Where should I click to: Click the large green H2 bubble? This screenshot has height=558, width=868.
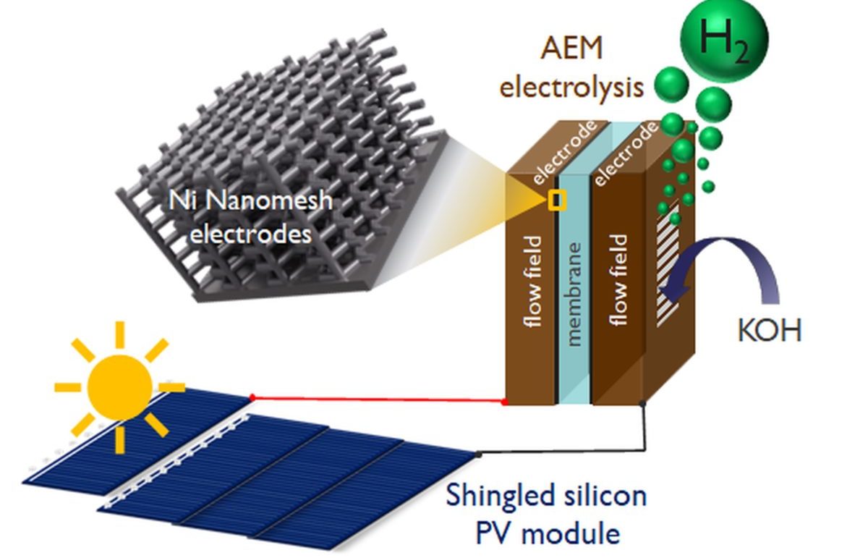(x=724, y=39)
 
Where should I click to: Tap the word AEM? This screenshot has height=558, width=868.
(x=571, y=48)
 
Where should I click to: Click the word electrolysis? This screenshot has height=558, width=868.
(x=571, y=88)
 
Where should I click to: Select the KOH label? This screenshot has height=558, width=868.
(x=770, y=330)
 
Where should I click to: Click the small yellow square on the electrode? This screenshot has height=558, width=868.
(x=557, y=200)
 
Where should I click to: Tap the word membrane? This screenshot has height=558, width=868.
(x=574, y=295)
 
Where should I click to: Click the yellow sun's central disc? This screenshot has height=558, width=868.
(x=120, y=386)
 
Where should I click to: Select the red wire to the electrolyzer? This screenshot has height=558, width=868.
(x=378, y=400)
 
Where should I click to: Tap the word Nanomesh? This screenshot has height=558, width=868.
(x=268, y=201)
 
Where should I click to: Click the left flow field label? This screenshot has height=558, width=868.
(x=534, y=282)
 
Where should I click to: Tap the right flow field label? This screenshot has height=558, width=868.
(x=619, y=279)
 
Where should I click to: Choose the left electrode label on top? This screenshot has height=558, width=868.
(x=563, y=152)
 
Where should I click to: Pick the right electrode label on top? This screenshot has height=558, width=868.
(x=625, y=153)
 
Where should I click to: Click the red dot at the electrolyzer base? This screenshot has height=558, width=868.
(x=505, y=402)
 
